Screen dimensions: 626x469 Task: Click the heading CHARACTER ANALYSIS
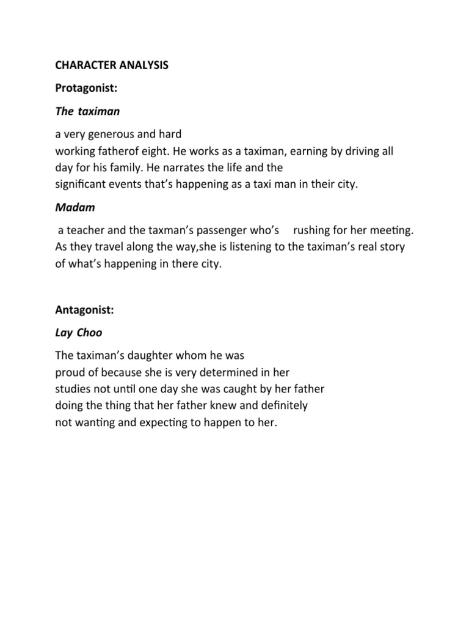pyautogui.click(x=111, y=65)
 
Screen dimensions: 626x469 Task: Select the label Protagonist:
pyautogui.click(x=85, y=89)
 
